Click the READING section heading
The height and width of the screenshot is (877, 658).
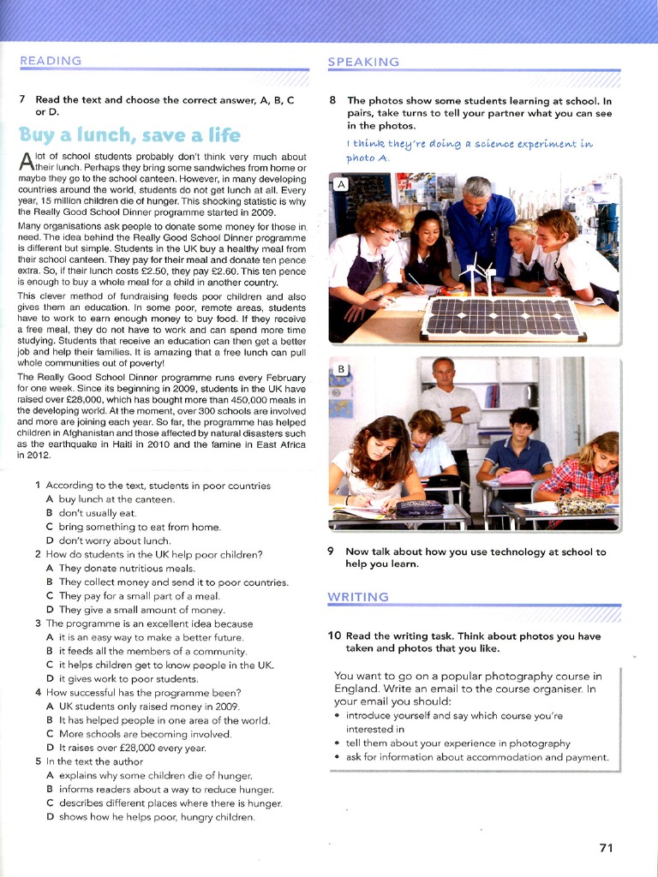pyautogui.click(x=51, y=61)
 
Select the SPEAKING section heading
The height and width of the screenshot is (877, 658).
pyautogui.click(x=363, y=62)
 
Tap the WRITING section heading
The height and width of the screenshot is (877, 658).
pyautogui.click(x=358, y=596)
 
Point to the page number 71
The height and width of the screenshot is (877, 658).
pyautogui.click(x=607, y=848)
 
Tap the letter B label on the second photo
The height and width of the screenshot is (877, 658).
pyautogui.click(x=341, y=369)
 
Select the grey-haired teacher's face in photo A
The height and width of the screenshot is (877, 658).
pyautogui.click(x=476, y=196)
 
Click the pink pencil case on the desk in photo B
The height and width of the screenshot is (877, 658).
pyautogui.click(x=516, y=476)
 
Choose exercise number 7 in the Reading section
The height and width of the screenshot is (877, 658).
pyautogui.click(x=22, y=99)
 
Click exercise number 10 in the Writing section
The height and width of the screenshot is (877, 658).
pyautogui.click(x=335, y=635)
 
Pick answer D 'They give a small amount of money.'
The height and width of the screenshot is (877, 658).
pyautogui.click(x=135, y=610)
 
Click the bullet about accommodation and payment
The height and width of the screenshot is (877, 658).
pyautogui.click(x=476, y=757)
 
